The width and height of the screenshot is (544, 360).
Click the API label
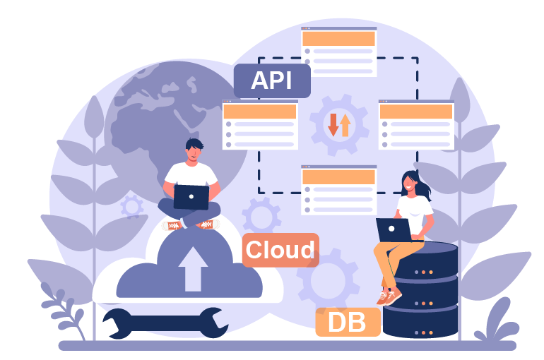[x=272, y=80]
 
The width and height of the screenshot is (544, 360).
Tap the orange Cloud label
[x=280, y=250]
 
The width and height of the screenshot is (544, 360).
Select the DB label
[x=348, y=322]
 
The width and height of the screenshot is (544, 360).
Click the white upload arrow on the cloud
[x=193, y=269]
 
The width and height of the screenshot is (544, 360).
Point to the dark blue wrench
[x=165, y=323]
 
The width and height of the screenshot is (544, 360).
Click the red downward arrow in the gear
[x=333, y=125]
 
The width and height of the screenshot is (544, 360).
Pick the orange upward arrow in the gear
[x=345, y=125]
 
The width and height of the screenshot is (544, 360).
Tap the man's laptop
[x=191, y=197]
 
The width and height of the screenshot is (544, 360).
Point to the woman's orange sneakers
[x=389, y=297]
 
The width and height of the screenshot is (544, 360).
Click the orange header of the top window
[x=338, y=38]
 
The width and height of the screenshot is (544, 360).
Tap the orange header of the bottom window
[x=338, y=177]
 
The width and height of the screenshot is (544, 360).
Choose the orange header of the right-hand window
[x=416, y=112]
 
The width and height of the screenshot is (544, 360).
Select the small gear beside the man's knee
[x=132, y=207]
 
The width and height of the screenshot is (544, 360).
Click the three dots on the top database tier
[x=424, y=272]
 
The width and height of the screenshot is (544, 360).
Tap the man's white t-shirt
[x=191, y=174]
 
